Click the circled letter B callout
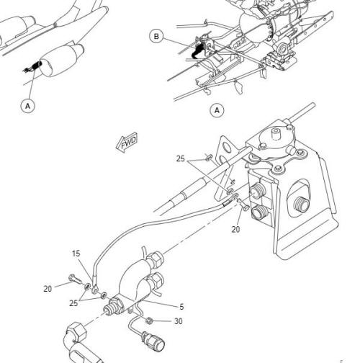coord(156,37)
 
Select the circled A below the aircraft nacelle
coord(28,106)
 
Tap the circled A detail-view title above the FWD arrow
coord(217,110)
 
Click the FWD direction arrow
coord(127,143)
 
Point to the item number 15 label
coord(76,254)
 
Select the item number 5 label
coord(181,307)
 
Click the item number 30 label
coord(178,321)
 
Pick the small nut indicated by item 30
coord(149,321)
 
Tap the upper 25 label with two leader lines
coord(181,158)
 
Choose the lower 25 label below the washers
coord(73,303)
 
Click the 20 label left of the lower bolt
coord(48,289)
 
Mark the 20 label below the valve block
coord(235,230)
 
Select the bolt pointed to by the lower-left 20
coord(75,279)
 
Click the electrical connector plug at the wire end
coord(153,341)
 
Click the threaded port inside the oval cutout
coord(302,204)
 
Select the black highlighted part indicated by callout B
coord(199,50)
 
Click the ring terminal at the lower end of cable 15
coord(95,290)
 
